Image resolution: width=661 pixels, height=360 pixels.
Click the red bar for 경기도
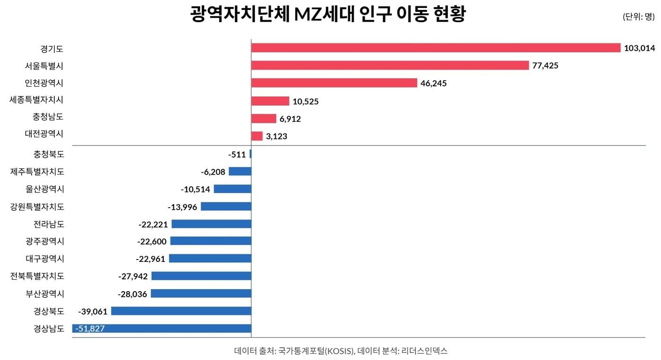pos(435,48)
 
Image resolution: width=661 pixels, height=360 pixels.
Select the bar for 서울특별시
pos(390,66)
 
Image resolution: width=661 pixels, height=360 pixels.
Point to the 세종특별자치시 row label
pos(36,100)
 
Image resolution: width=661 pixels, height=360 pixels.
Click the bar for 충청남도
pos(263,119)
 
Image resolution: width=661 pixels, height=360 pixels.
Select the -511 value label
pos(237,154)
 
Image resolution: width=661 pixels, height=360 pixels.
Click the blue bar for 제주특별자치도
pos(240,171)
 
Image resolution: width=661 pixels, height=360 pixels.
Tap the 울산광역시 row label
pos(45,189)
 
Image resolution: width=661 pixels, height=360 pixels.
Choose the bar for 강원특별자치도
pos(226,207)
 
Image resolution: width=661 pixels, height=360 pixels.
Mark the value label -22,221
pos(153,224)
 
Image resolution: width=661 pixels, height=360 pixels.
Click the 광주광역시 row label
pos(45,242)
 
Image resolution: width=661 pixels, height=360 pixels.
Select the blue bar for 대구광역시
pos(210,259)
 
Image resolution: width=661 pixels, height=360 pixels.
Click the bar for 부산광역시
pos(201,293)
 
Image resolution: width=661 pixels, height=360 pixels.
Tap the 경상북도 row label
pos(49,311)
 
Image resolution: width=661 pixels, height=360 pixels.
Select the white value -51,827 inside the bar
pos(90,329)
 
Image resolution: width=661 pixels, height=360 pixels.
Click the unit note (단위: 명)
pos(639,17)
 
